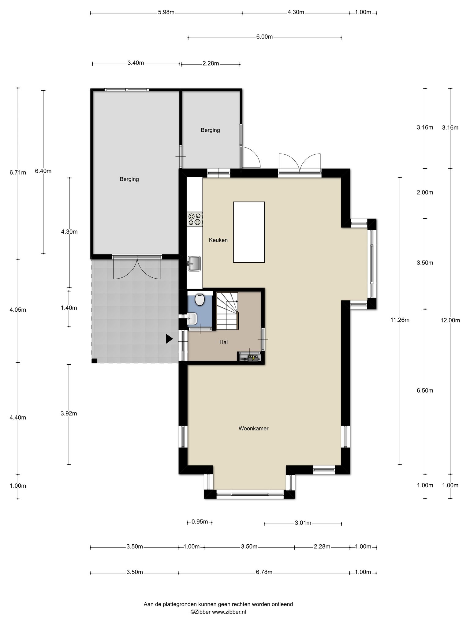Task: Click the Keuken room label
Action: [218, 240]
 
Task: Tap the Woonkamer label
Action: [253, 428]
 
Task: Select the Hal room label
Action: [223, 342]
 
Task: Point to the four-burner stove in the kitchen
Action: [195, 219]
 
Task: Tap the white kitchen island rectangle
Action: [249, 232]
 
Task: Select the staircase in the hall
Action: [227, 311]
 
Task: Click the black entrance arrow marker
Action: [169, 339]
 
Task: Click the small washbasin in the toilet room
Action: [192, 319]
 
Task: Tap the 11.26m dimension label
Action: [400, 320]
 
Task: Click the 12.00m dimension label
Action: [450, 320]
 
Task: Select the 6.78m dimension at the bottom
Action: [264, 573]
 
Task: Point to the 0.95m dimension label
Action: [200, 522]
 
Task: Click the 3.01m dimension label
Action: [303, 523]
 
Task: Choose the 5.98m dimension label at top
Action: [166, 12]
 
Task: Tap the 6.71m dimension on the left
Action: [18, 172]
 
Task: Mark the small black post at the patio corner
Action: [95, 361]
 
